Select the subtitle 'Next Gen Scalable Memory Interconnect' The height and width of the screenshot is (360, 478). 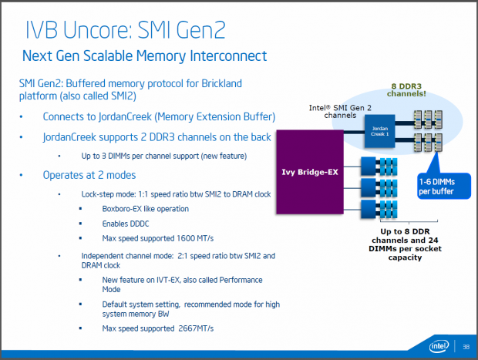click(x=144, y=56)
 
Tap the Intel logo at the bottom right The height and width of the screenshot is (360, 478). click(x=439, y=345)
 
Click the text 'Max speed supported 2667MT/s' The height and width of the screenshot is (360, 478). click(x=159, y=329)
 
